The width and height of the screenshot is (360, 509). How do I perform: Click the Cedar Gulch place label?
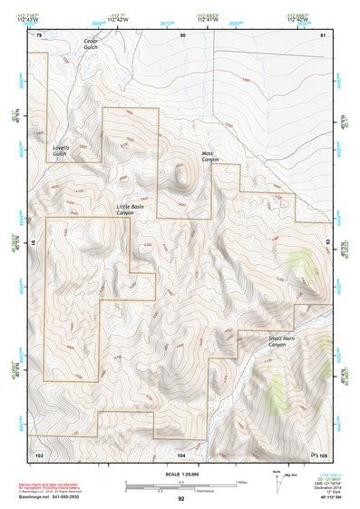pos(91,44)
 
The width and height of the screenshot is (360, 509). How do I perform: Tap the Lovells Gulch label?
pos(60,151)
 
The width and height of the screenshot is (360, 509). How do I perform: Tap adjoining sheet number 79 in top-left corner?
pos(39,34)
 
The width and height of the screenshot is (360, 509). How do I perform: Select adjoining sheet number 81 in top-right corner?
pos(322,34)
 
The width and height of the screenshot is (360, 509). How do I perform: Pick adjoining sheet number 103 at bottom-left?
pos(39,454)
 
